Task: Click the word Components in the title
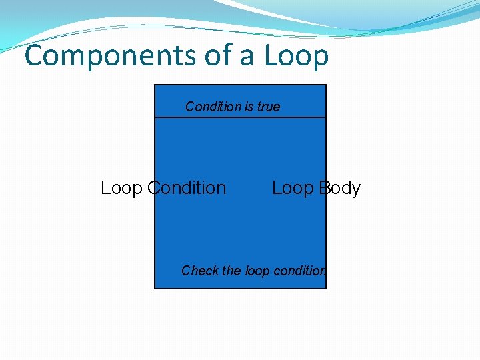[110, 56]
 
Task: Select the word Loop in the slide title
[296, 56]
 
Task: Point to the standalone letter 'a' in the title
[247, 57]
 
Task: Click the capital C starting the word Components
[33, 56]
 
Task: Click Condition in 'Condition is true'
[213, 107]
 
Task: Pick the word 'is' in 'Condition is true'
[251, 107]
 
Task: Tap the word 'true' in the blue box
[269, 107]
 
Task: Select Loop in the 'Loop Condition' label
[121, 188]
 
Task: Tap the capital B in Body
[325, 188]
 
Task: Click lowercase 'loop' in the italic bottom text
[257, 271]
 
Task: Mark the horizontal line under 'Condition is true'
[240, 117]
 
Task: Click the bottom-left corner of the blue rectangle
[155, 288]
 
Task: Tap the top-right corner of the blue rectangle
[326, 85]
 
